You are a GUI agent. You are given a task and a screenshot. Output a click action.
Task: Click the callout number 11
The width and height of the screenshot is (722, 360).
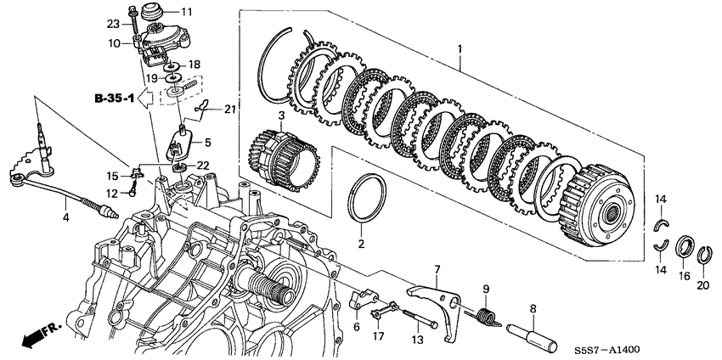(x=174, y=12)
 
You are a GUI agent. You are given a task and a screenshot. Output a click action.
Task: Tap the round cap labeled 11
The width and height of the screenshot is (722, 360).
(x=152, y=12)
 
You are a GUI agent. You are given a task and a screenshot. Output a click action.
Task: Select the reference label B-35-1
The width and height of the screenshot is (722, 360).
(x=114, y=98)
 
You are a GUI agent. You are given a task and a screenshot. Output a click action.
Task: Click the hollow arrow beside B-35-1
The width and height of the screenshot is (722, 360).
(x=147, y=98)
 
